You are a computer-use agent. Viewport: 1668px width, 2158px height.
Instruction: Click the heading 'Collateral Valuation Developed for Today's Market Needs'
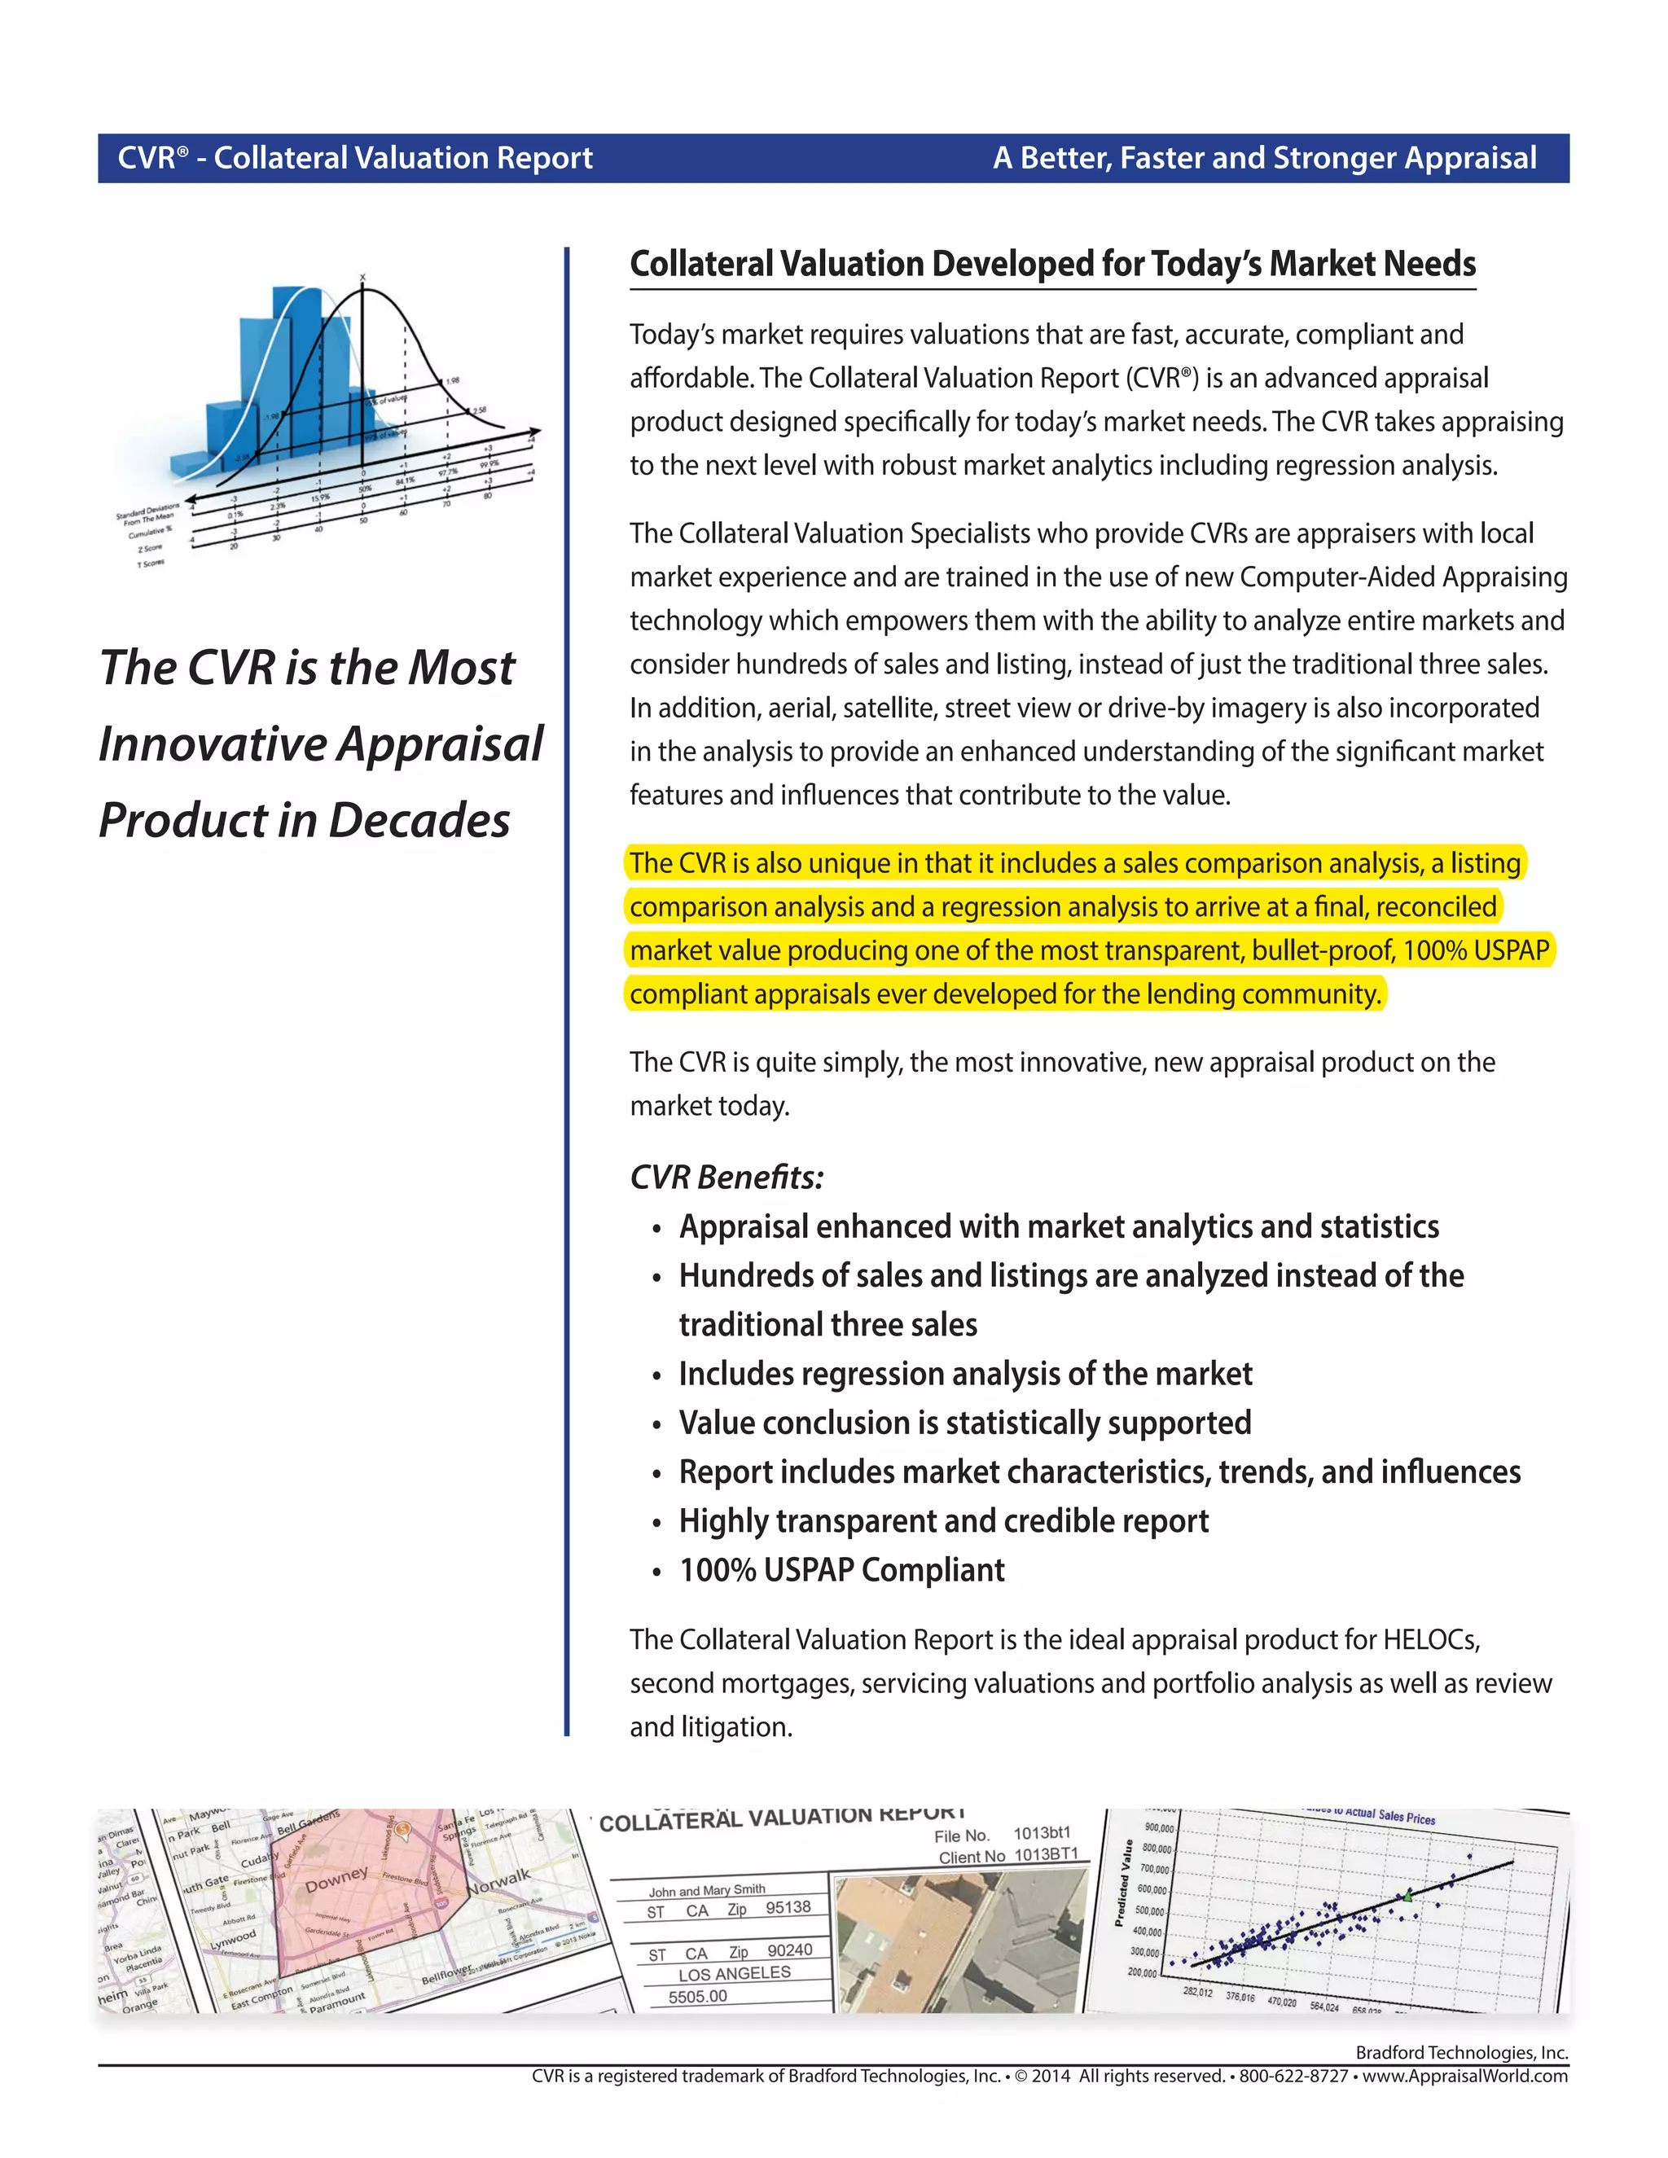click(1052, 264)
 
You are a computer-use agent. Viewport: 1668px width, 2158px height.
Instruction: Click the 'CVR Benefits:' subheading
click(726, 1177)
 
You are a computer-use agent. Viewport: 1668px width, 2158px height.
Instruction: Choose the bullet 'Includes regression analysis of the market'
click(964, 1374)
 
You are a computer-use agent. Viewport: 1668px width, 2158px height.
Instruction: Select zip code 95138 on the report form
click(788, 1907)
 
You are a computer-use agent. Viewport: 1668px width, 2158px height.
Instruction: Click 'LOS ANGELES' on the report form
click(734, 1973)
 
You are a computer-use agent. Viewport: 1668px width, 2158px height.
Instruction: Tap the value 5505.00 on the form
click(698, 1996)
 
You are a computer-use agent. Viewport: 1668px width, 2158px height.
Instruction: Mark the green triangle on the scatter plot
click(1408, 1896)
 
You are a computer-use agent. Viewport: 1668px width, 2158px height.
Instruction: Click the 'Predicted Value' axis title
click(1121, 1882)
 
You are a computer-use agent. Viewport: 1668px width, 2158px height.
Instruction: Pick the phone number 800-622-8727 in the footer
click(1293, 2076)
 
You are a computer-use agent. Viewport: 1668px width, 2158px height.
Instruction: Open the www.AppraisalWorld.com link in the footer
click(1464, 2076)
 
